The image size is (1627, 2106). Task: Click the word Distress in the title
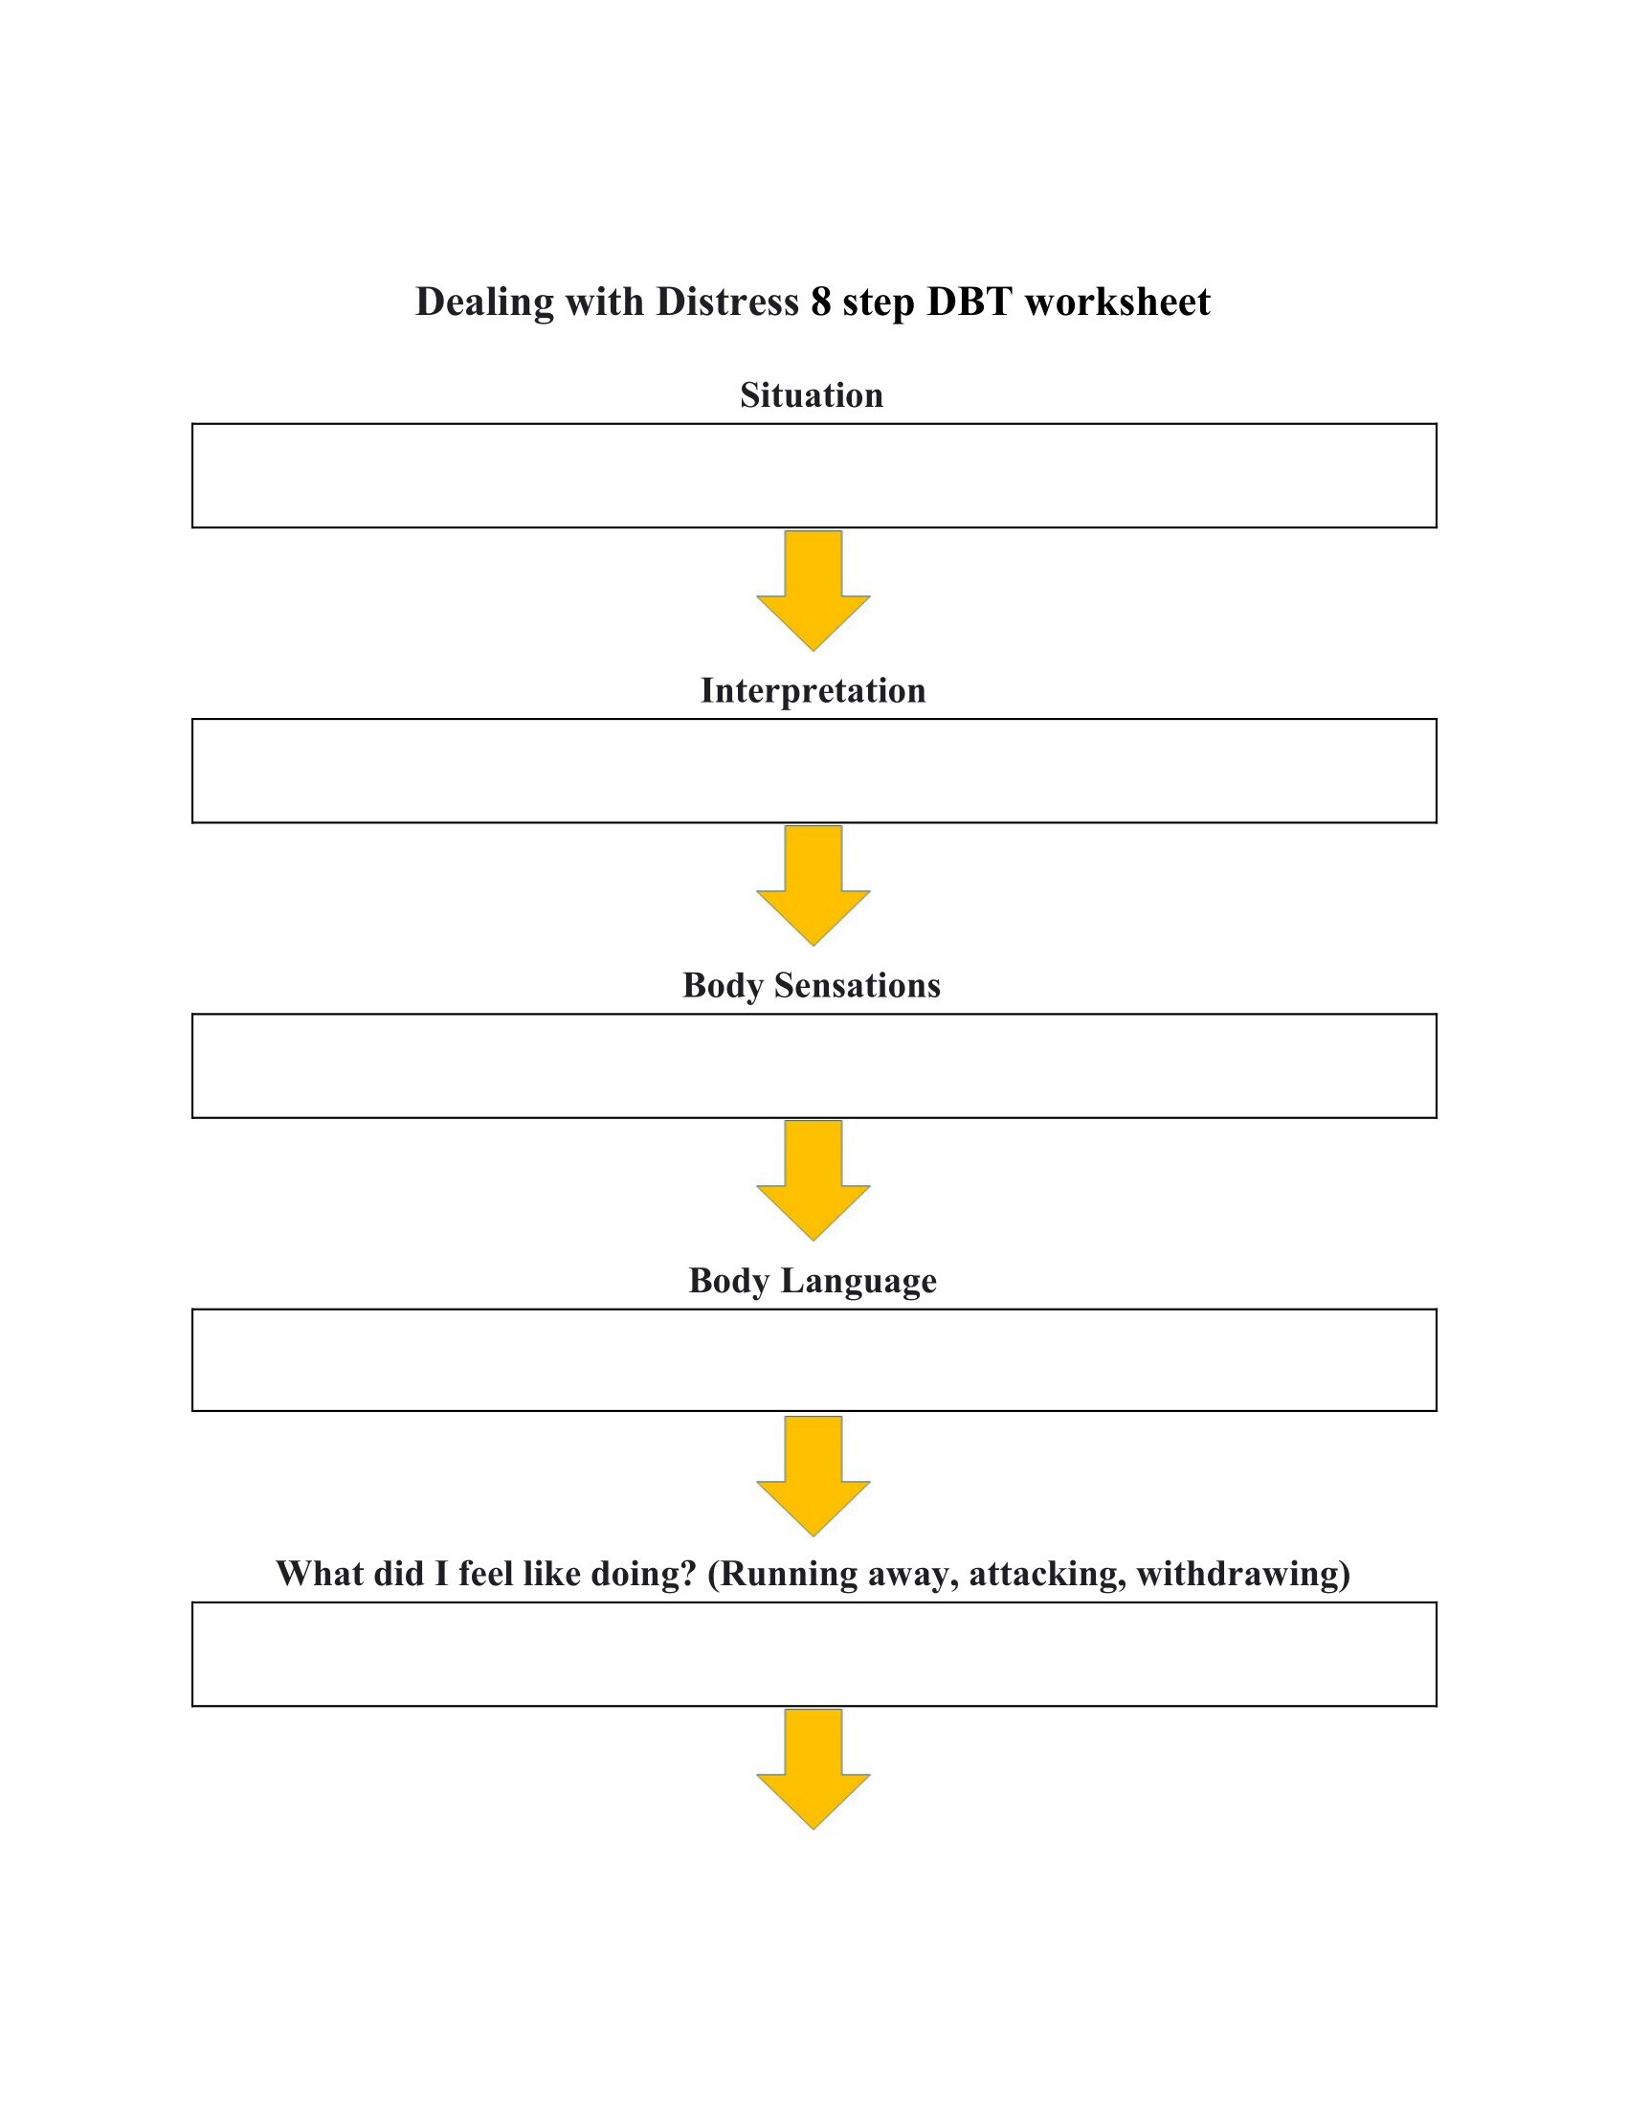[x=727, y=302]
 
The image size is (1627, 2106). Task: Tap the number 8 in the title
[x=821, y=302]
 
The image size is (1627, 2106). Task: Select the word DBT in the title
[x=970, y=302]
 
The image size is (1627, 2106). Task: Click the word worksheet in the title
[x=1117, y=302]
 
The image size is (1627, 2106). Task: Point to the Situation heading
[x=812, y=395]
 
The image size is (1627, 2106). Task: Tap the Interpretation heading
[x=813, y=690]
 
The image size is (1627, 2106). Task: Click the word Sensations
[x=857, y=985]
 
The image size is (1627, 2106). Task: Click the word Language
[x=858, y=1282]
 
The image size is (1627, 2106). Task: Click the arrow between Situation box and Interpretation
[x=813, y=590]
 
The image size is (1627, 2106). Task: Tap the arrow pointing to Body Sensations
[x=813, y=885]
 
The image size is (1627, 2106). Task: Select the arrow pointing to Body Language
[x=813, y=1180]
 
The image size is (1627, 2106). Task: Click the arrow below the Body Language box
[x=813, y=1476]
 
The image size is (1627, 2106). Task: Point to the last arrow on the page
[x=813, y=1769]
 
